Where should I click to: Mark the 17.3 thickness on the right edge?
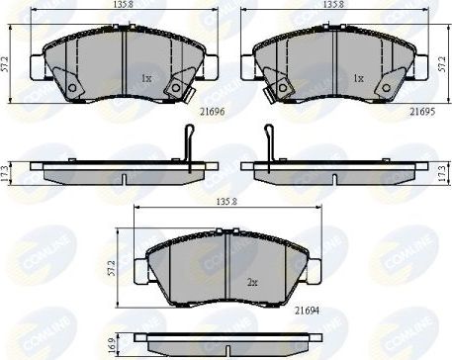442,170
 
